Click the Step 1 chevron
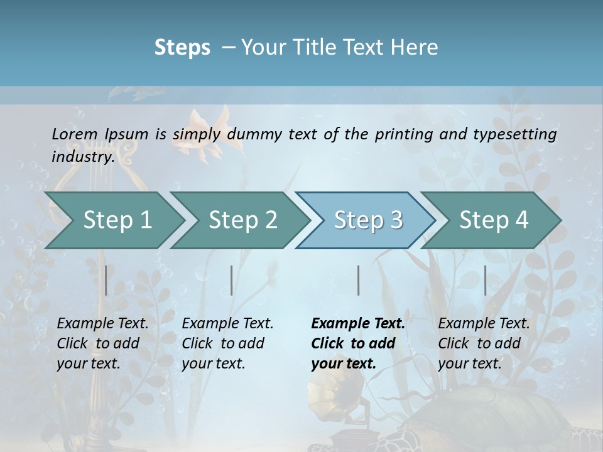tap(117, 220)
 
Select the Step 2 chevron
tap(242, 220)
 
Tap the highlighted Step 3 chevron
tap(368, 220)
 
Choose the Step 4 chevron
tap(494, 220)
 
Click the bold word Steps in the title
tap(182, 48)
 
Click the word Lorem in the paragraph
tap(75, 134)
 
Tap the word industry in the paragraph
tap(83, 157)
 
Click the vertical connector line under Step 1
tap(106, 280)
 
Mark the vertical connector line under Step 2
tap(232, 280)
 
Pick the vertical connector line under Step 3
tap(358, 280)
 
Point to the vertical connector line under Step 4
tap(485, 280)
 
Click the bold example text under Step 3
tap(357, 343)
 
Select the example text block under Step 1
tap(102, 343)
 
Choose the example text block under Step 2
tap(227, 343)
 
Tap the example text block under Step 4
tap(483, 343)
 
